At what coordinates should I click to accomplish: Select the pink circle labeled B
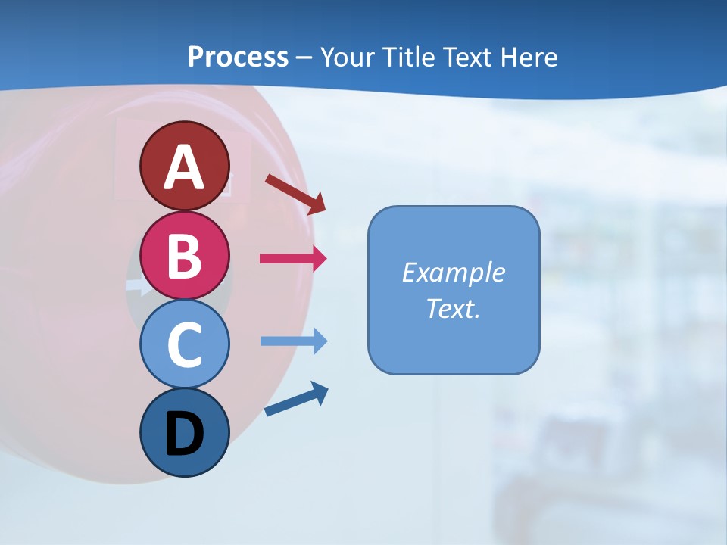(184, 256)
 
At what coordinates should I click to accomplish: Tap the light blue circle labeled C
(184, 344)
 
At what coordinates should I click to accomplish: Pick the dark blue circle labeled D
(184, 432)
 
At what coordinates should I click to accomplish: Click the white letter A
(184, 167)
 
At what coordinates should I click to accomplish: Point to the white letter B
(184, 256)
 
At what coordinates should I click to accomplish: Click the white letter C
(184, 344)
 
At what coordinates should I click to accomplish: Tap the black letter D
(184, 435)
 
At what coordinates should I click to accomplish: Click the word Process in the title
(238, 58)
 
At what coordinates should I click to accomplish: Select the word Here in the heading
(528, 58)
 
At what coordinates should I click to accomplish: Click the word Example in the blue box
(453, 272)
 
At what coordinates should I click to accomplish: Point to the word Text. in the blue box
(453, 308)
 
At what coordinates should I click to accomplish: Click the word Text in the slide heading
(467, 58)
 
